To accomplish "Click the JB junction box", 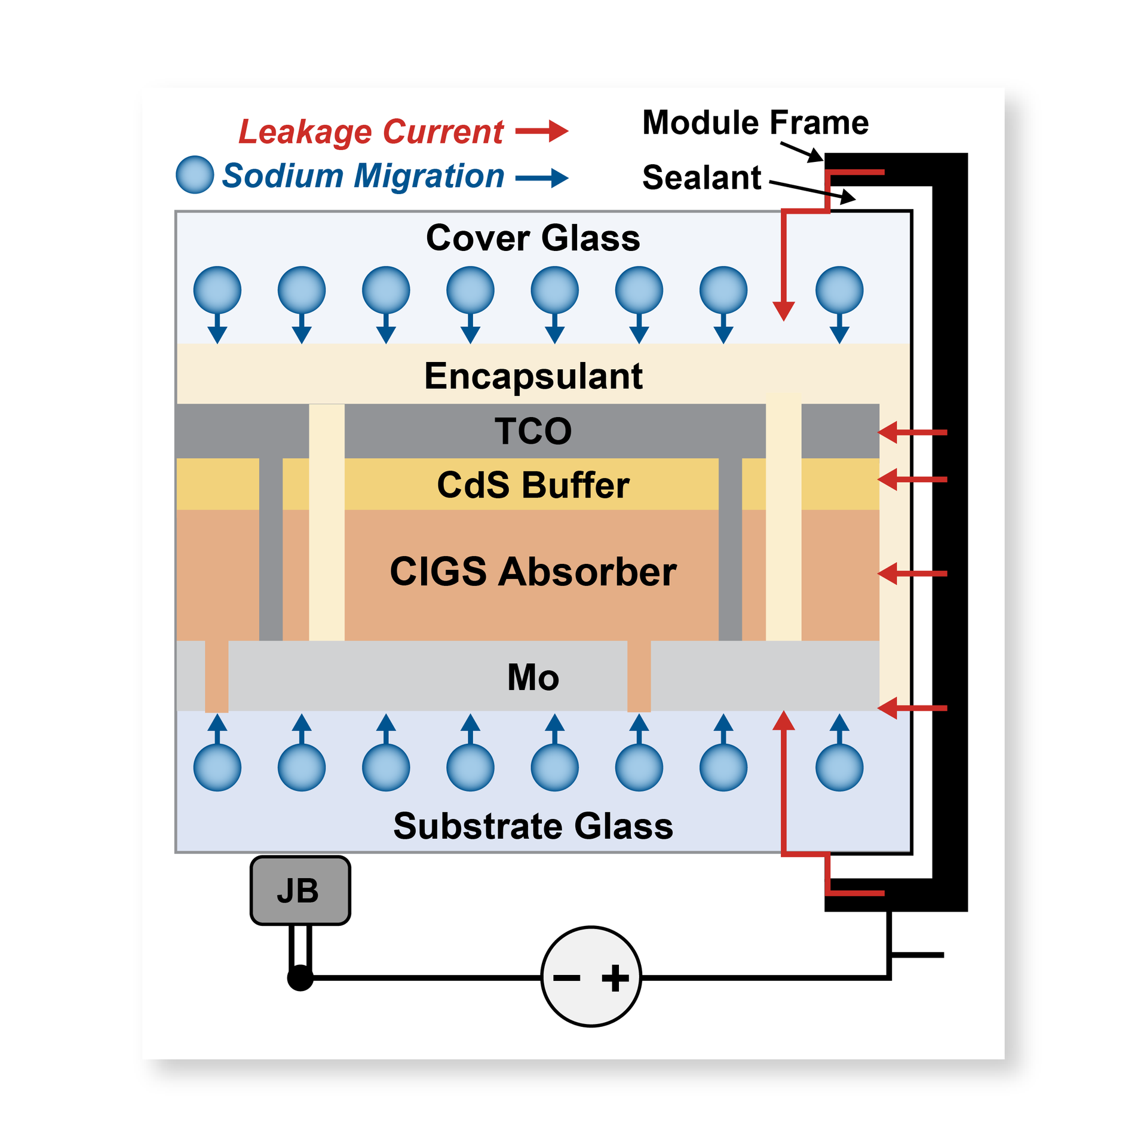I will coord(300,890).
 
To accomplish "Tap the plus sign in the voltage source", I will coord(615,979).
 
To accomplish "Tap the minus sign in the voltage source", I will coord(566,978).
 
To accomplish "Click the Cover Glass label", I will coord(532,238).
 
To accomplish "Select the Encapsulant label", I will coord(533,376).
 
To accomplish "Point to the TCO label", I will coord(533,431).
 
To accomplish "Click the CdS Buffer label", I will coord(533,484).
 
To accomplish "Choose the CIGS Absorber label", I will coord(533,572).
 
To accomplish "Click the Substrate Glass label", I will coord(533,826).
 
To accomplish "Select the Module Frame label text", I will coord(755,122).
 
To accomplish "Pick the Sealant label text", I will coord(701,177).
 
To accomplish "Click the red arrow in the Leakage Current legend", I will coord(541,131).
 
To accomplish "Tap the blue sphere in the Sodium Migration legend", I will coord(195,174).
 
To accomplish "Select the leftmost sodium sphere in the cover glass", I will coord(217,290).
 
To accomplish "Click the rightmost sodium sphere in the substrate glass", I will coord(839,767).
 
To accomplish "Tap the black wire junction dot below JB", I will coord(300,978).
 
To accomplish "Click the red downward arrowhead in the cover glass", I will coord(783,310).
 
